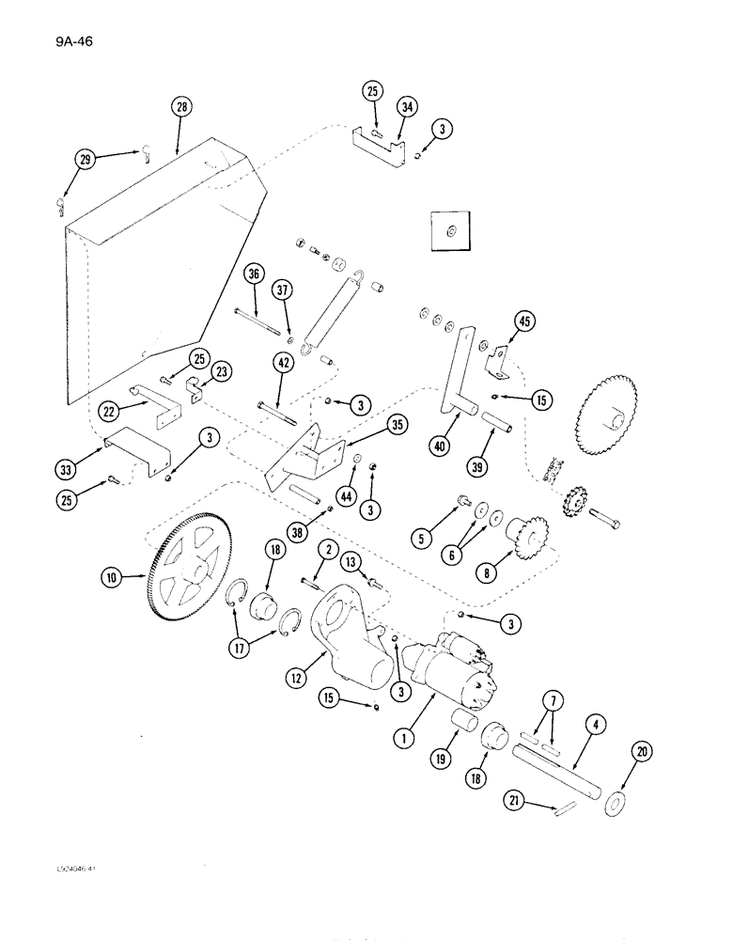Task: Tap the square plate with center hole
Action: tap(450, 230)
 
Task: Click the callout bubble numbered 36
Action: tap(251, 274)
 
